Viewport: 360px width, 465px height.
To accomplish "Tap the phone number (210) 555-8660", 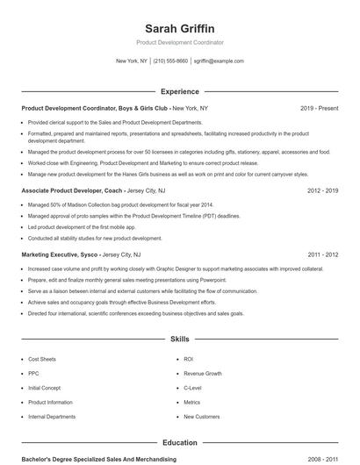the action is [x=170, y=61].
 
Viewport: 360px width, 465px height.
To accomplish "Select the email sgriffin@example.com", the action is [x=219, y=61].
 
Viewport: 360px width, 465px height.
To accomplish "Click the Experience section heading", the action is [x=179, y=91].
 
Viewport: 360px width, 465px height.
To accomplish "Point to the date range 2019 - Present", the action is [x=319, y=108].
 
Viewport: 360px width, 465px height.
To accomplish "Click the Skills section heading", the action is [x=179, y=338].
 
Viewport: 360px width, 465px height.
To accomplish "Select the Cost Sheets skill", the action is [x=42, y=360].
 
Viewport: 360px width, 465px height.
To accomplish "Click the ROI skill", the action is [x=189, y=360].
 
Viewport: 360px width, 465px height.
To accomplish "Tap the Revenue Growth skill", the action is [x=202, y=374].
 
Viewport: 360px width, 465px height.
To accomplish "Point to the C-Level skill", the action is [x=192, y=388].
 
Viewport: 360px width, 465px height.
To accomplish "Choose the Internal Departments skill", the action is [x=52, y=417].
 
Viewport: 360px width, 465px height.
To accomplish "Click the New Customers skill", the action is [x=202, y=417].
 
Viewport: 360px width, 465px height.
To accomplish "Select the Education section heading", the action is [x=179, y=443].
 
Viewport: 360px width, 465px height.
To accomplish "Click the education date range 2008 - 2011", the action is [x=324, y=459].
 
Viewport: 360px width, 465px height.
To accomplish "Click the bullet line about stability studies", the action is [x=95, y=238].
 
